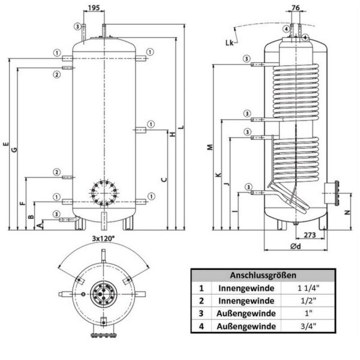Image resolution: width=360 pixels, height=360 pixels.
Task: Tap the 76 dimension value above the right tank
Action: pos(295,8)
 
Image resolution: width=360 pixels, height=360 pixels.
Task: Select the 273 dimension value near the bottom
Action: pos(310,235)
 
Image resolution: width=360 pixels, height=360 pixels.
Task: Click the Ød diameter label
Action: pos(295,248)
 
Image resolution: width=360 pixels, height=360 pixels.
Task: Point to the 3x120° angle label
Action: pos(104,239)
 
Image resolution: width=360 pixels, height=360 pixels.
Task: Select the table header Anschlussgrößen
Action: pos(263,275)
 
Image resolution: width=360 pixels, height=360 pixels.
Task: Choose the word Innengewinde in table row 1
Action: pos(247,288)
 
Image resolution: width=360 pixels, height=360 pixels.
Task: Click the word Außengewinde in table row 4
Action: pos(247,326)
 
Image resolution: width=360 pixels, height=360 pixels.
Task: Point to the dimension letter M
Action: pos(209,147)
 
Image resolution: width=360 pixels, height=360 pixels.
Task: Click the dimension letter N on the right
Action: pos(347,212)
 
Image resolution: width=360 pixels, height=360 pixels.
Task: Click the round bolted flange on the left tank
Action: pos(104,192)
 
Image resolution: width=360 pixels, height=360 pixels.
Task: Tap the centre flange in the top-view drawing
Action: pos(104,295)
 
